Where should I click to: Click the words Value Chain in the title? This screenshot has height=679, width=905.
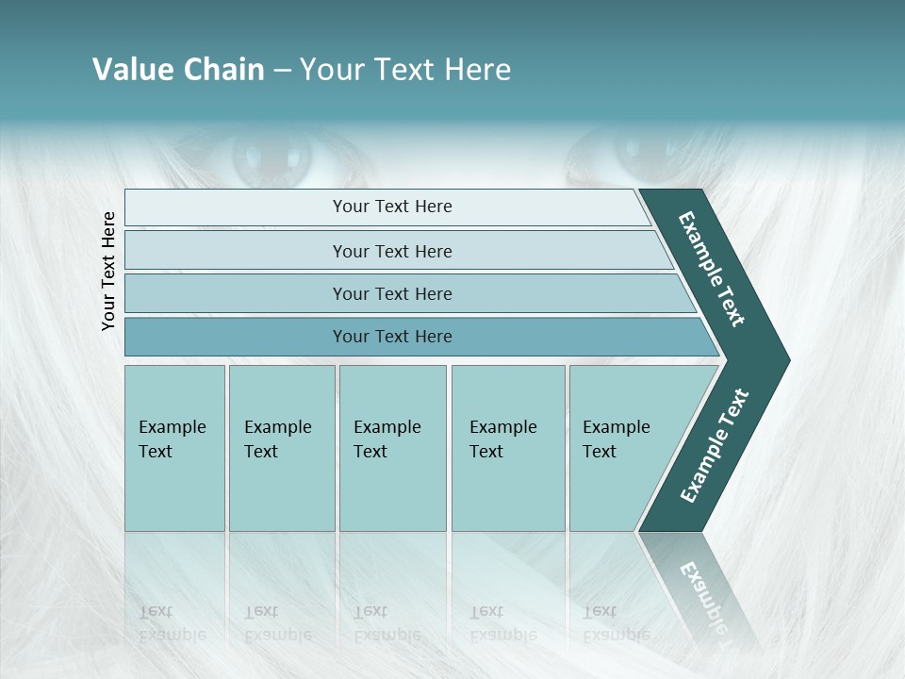click(x=178, y=70)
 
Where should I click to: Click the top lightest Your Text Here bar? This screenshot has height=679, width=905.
click(x=392, y=207)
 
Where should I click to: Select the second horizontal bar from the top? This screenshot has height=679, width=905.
click(x=392, y=251)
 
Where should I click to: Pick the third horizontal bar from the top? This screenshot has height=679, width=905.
click(x=392, y=293)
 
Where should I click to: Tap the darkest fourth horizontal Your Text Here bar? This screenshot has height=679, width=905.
click(x=392, y=337)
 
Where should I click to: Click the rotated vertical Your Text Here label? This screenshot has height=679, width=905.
click(x=108, y=271)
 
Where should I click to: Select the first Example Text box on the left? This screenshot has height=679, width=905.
click(x=174, y=448)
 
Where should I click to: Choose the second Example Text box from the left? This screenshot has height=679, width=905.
click(x=281, y=448)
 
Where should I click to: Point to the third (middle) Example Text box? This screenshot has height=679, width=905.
click(x=392, y=448)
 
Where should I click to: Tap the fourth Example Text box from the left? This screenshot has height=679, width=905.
click(x=508, y=448)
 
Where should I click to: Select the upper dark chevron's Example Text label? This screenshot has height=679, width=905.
click(x=712, y=269)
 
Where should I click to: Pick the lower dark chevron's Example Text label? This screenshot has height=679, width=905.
click(x=714, y=446)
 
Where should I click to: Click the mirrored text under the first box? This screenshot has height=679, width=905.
click(x=173, y=623)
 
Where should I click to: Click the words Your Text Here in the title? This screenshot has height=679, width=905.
click(x=405, y=70)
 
